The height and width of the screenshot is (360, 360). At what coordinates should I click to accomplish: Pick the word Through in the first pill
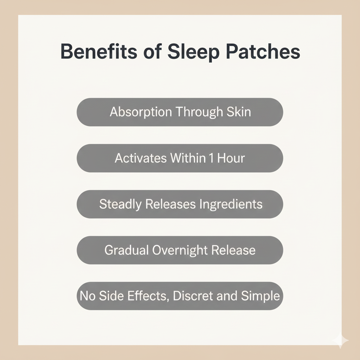click(199, 112)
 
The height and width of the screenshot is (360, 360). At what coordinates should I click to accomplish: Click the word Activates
click(141, 158)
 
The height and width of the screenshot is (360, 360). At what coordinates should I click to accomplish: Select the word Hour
click(231, 158)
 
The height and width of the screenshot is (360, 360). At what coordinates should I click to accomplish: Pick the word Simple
click(261, 296)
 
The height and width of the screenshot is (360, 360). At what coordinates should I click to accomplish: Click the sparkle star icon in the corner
click(340, 340)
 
